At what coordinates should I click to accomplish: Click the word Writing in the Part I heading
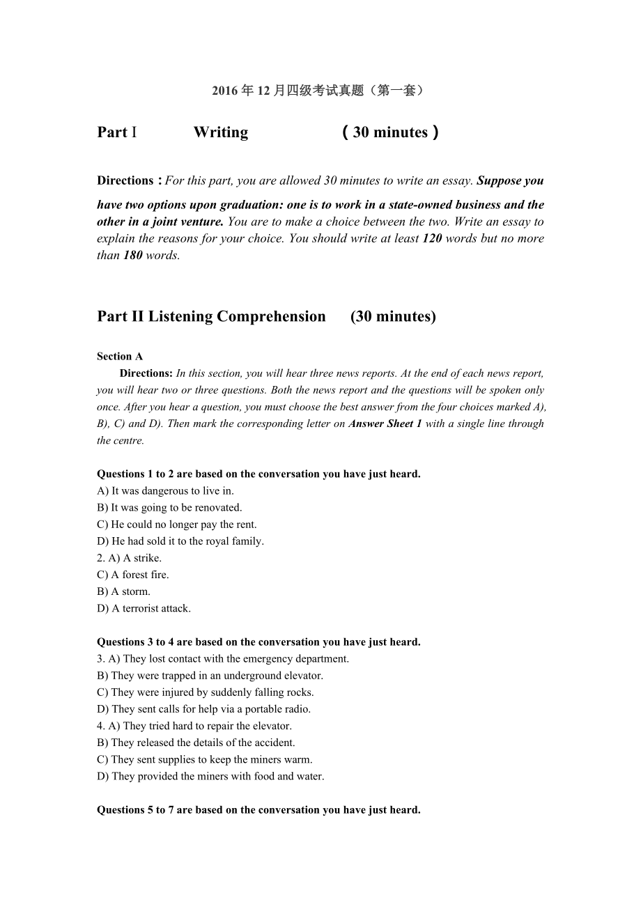[220, 132]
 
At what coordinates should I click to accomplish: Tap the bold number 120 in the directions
[432, 238]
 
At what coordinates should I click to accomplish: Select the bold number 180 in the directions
[132, 255]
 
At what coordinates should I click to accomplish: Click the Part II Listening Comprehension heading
[211, 316]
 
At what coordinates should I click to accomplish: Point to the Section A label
[120, 357]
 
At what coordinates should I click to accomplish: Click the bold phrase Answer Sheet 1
[385, 424]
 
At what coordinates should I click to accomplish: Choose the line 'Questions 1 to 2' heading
[258, 474]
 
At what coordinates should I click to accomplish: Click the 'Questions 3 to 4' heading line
[258, 642]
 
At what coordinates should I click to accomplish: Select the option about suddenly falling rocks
[212, 692]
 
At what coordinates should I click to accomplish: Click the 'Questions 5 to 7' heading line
[258, 810]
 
